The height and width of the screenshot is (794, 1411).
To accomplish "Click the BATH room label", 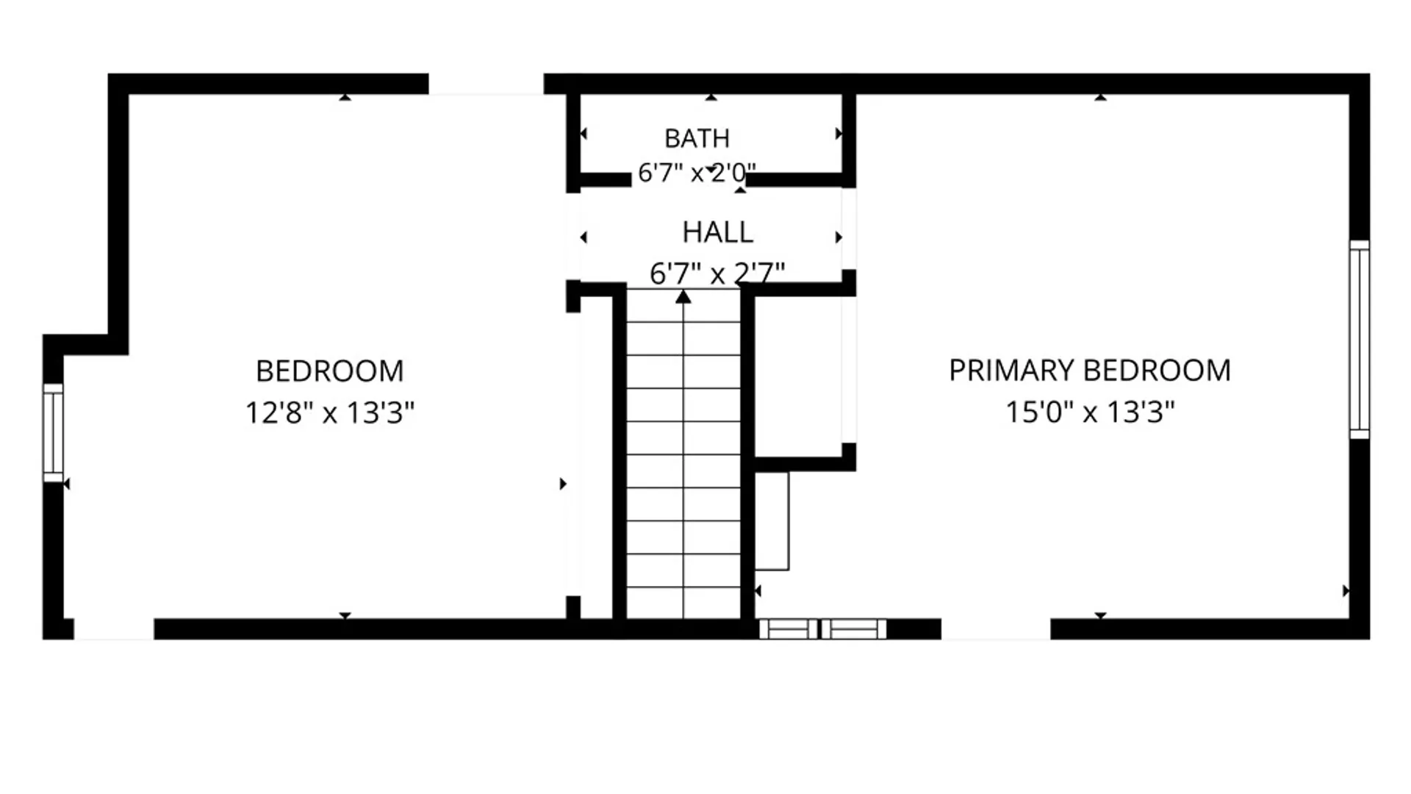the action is [697, 138].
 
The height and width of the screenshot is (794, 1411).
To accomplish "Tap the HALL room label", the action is [717, 232].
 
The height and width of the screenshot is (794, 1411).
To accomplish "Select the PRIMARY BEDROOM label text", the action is [1089, 370].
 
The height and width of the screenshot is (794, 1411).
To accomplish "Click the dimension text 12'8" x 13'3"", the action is [330, 412].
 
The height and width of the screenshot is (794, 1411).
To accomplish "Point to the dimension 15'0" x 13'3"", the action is [1090, 412].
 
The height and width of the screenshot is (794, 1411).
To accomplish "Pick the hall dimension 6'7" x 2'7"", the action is [717, 273].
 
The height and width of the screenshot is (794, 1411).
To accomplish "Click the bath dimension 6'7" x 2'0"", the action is [697, 173].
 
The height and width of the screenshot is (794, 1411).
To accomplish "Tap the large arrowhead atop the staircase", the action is [683, 296].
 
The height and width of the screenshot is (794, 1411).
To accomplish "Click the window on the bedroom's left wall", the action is [53, 433].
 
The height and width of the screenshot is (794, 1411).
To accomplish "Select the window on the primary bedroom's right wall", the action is [1360, 340].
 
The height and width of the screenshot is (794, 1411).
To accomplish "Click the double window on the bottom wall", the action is [822, 629].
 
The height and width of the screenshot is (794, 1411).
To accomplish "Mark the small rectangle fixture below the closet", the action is [772, 521].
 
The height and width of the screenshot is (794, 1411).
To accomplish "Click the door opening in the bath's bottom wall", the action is [689, 180].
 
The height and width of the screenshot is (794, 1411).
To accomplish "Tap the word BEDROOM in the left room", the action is [330, 371].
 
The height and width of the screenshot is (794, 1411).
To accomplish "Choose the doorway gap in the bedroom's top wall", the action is [486, 84].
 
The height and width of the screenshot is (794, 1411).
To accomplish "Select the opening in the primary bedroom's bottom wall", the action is [996, 629].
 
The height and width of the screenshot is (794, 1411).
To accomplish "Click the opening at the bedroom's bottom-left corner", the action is [114, 629].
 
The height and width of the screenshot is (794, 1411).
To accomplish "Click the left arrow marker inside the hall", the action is [584, 237].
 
